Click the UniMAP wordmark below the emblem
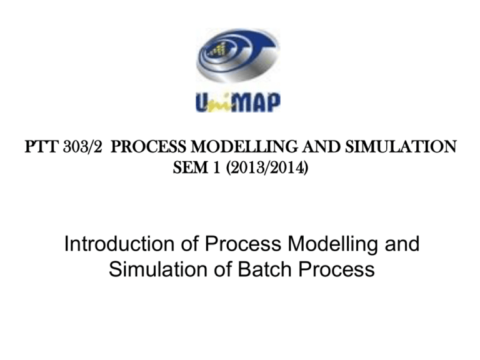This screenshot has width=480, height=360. (x=239, y=102)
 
